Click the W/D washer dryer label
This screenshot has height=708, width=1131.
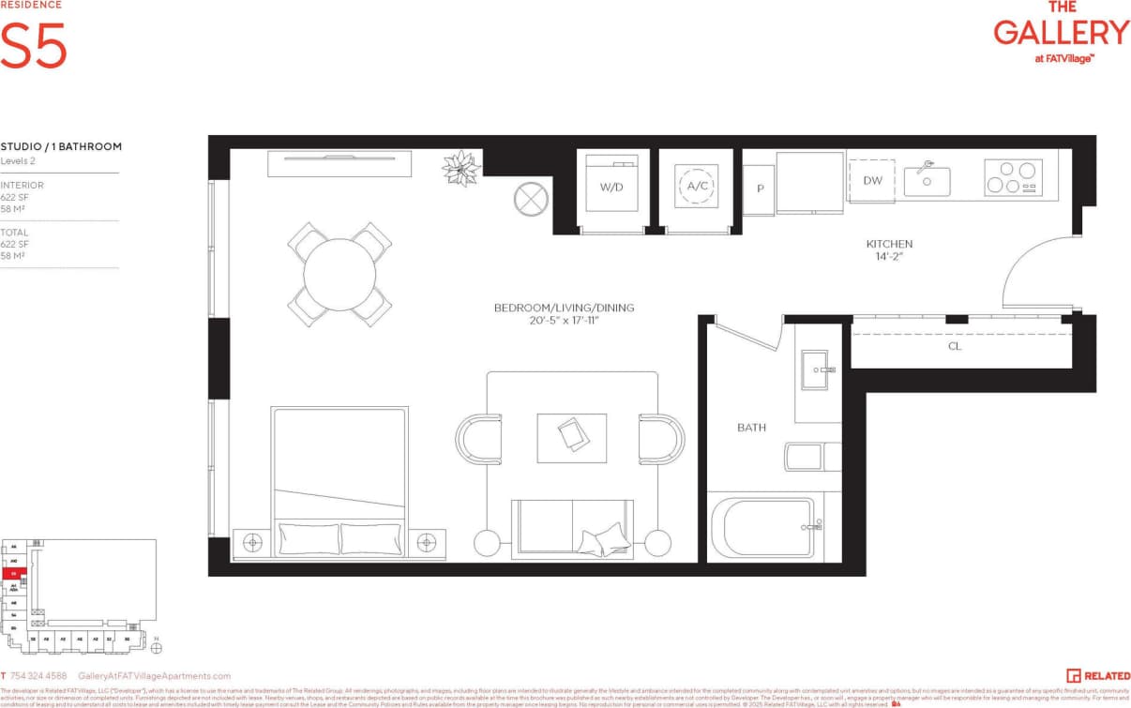(611, 187)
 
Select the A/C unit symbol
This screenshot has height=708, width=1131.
(697, 186)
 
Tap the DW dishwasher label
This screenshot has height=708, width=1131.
(871, 180)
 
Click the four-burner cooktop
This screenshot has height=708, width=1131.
(1013, 177)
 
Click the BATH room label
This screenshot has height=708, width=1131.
(751, 428)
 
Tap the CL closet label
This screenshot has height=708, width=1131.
(954, 346)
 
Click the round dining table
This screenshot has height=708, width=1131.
(339, 274)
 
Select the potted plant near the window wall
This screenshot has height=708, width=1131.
(461, 169)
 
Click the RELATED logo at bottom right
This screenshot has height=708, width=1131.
(1097, 675)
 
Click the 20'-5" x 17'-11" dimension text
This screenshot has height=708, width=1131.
(564, 321)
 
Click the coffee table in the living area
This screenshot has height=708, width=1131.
(571, 437)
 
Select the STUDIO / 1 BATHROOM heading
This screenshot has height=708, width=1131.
(61, 146)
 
